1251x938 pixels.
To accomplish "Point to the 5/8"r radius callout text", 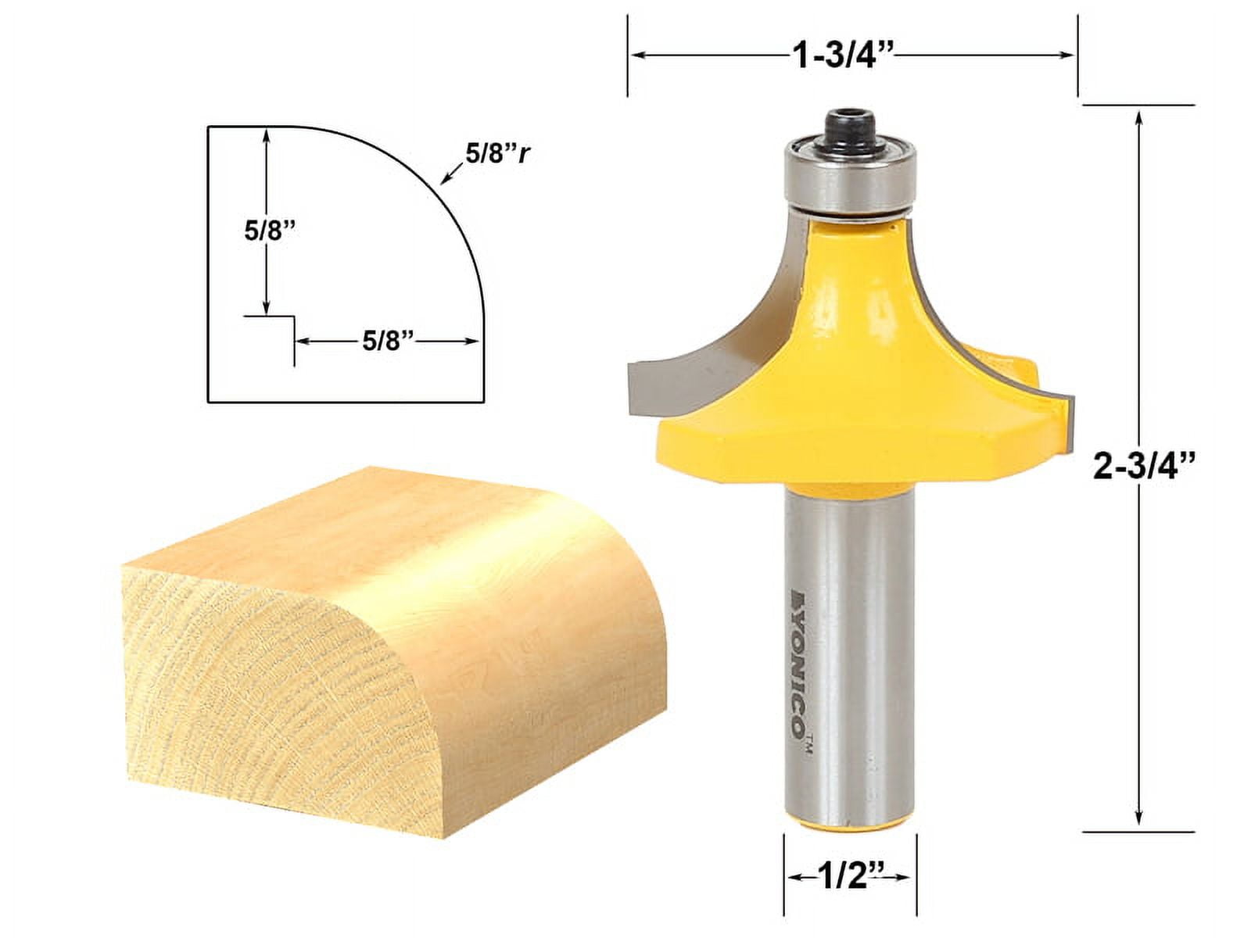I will (x=498, y=154).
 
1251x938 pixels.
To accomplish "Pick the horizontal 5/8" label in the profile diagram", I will (x=387, y=341).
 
